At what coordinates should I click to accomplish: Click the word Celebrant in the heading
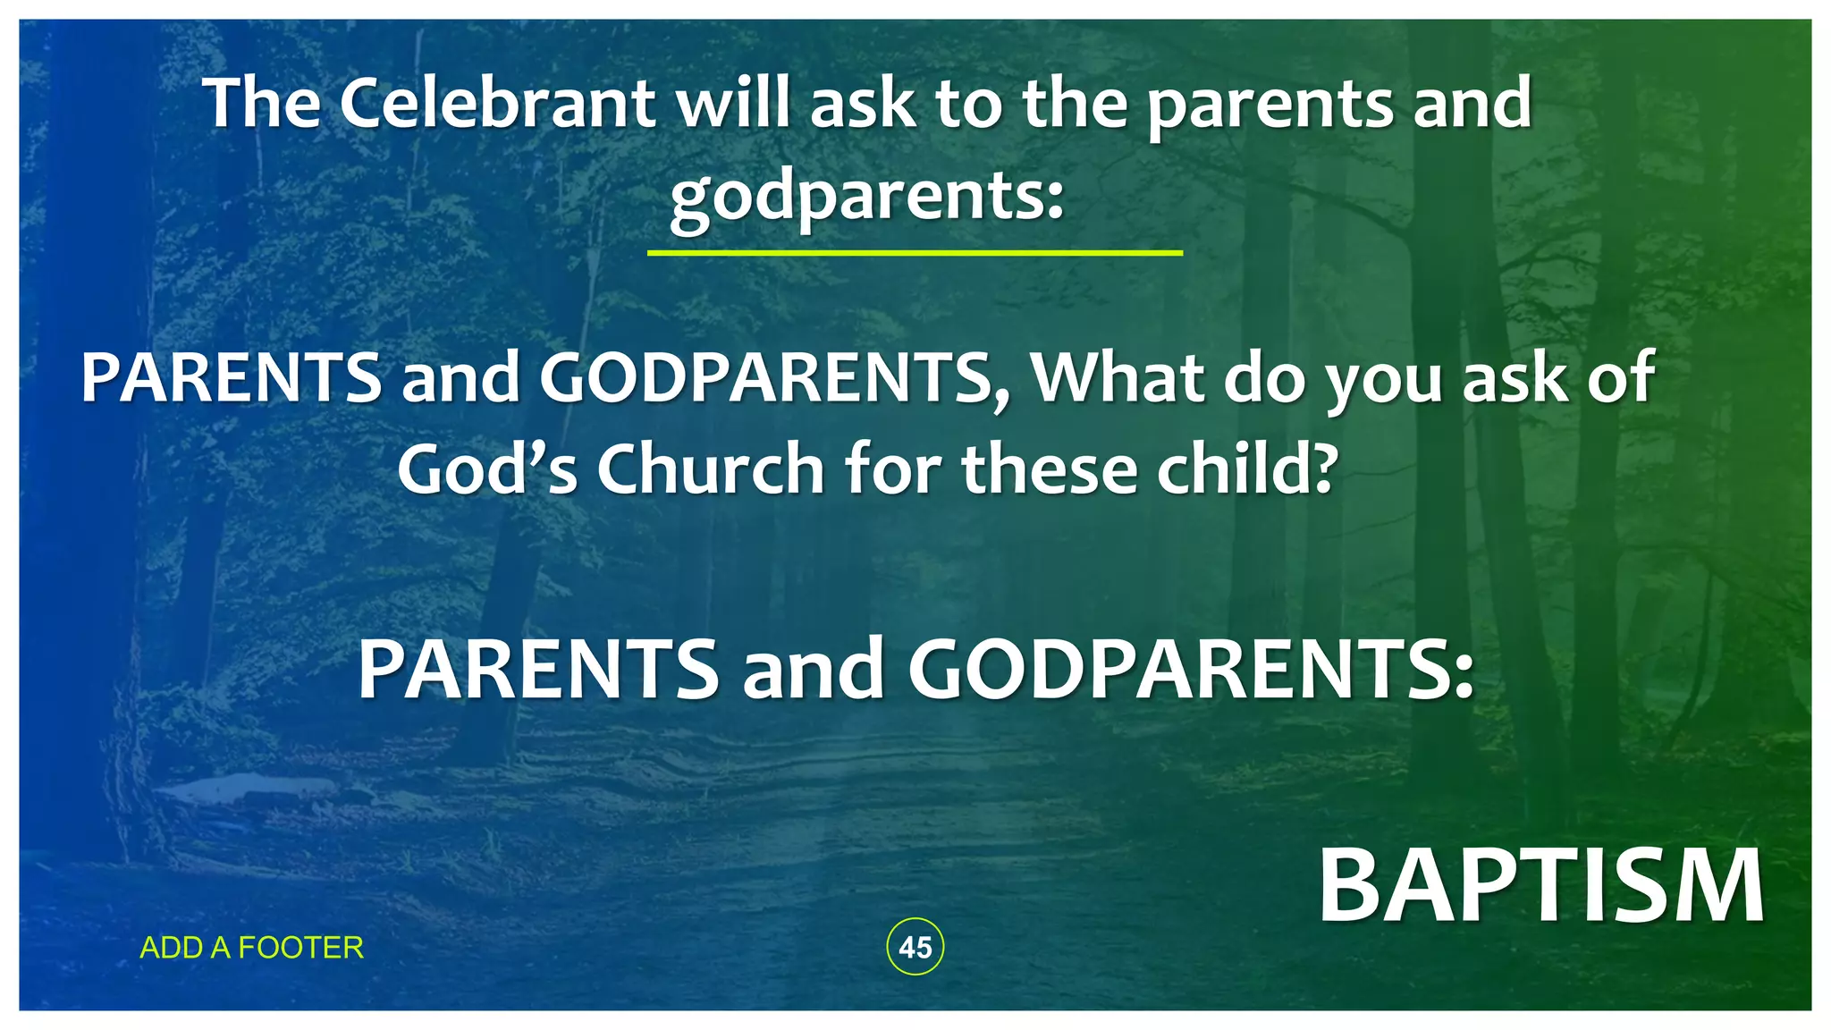497,103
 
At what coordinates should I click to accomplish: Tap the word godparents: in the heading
867,196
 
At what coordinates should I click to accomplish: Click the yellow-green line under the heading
914,253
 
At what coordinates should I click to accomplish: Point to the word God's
487,469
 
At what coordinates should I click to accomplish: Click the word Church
710,469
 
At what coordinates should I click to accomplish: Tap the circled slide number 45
915,947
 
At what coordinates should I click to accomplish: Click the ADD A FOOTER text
252,948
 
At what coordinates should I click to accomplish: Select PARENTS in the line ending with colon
538,671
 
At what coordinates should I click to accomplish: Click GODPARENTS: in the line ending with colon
1191,671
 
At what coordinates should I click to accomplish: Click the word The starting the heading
262,103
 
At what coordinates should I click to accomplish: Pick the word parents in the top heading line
1270,103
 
